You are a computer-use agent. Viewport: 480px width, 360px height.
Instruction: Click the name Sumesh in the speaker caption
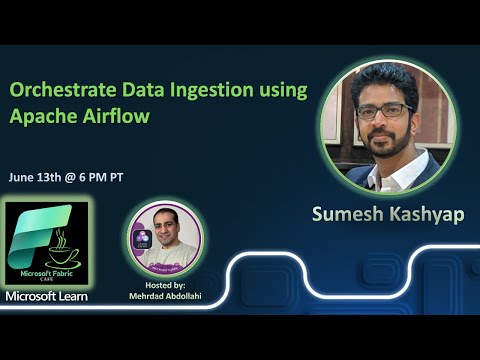pyautogui.click(x=347, y=215)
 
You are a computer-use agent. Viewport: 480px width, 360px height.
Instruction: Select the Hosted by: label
pyautogui.click(x=166, y=285)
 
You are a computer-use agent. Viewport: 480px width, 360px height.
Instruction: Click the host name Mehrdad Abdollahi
pyautogui.click(x=166, y=297)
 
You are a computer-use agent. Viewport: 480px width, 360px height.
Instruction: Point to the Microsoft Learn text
pyautogui.click(x=46, y=297)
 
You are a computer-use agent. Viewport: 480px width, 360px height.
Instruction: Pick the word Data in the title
pyautogui.click(x=132, y=90)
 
